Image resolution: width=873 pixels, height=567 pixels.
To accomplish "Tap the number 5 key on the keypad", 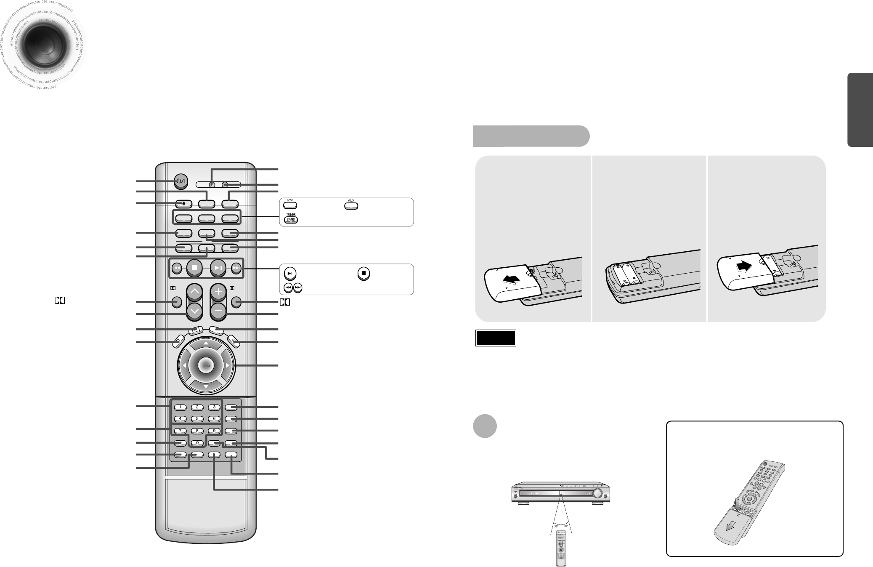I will click(x=197, y=419).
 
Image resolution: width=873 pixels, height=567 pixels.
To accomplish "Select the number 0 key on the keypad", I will click(x=197, y=443).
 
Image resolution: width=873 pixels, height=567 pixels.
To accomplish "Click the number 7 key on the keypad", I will click(x=180, y=431).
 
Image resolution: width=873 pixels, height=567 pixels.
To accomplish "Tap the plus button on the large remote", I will click(x=218, y=291).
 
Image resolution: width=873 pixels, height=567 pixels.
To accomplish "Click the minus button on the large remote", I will click(x=218, y=312).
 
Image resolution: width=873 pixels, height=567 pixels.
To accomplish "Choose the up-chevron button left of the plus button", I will click(x=194, y=291).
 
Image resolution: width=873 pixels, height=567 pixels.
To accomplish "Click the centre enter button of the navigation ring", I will click(x=206, y=365).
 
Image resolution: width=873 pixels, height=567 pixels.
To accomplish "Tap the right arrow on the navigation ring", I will click(x=228, y=365).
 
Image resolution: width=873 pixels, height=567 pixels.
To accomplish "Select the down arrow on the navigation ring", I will click(x=206, y=386).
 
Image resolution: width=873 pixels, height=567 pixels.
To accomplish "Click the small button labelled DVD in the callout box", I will click(x=290, y=206).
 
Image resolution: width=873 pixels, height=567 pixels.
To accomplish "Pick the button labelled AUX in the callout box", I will click(x=351, y=206).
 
